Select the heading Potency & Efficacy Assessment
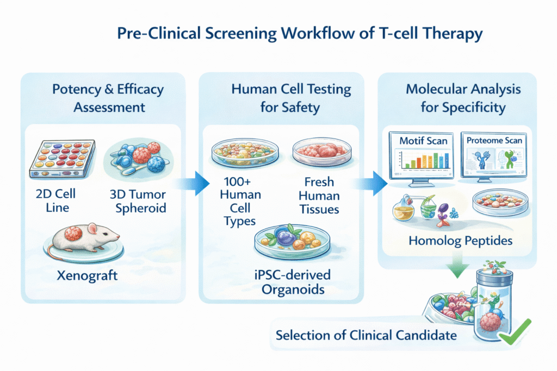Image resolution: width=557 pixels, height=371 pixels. [x=108, y=98]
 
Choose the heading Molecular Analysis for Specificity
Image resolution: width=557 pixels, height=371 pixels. [x=463, y=98]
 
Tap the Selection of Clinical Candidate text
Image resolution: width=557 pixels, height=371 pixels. [x=366, y=335]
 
